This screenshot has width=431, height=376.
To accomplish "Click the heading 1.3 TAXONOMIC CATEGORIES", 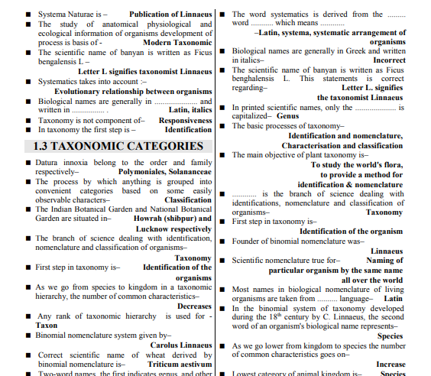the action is pos(117,146).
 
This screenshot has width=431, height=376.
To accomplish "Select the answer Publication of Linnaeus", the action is pos(170,15).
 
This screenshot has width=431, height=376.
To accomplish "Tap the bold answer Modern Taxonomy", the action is pos(177,43).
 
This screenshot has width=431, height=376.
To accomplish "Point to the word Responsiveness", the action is pos(186,120).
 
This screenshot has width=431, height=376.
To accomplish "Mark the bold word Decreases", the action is pos(194,306).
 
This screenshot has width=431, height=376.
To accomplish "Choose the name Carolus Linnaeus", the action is pos(180,345).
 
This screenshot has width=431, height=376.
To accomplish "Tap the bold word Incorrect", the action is pos(389,60).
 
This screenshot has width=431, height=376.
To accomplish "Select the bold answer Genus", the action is pos(287,116).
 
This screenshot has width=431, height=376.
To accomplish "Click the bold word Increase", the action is pos(390,364).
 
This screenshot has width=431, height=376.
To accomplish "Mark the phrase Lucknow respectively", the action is pos(173,229).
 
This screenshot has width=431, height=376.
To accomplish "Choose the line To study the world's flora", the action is pos(357,164).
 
